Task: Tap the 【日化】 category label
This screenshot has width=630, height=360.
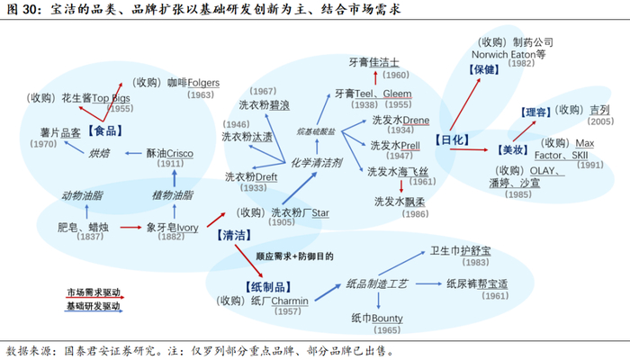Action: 452,140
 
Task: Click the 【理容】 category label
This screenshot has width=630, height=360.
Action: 535,112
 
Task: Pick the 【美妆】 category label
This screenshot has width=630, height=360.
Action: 513,149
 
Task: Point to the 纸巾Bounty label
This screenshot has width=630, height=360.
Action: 375,318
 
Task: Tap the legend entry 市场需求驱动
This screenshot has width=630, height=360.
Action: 95,293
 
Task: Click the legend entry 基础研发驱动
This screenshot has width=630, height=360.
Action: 95,307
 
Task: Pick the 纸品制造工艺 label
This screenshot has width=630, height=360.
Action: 377,283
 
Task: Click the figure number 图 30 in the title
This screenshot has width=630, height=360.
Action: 22,11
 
